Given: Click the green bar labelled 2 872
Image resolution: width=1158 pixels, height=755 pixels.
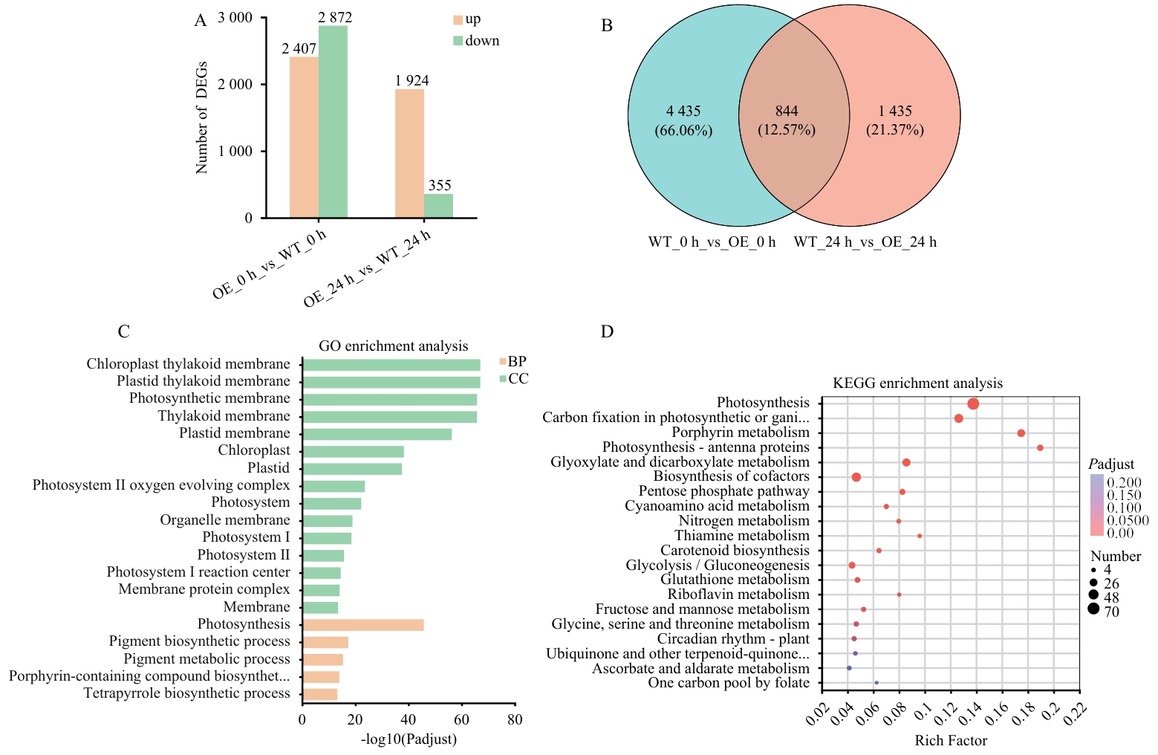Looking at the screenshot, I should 333,122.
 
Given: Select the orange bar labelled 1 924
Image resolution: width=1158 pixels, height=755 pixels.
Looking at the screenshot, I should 409,153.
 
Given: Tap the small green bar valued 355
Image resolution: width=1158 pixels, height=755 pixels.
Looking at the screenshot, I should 438,206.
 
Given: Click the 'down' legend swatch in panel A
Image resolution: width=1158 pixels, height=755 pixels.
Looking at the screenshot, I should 458,41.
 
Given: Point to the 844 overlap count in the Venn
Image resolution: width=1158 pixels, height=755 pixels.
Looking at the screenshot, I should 787,111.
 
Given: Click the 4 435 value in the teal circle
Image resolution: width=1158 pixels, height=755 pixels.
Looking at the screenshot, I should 683,111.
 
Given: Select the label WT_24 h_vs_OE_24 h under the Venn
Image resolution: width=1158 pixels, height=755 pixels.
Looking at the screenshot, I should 865,242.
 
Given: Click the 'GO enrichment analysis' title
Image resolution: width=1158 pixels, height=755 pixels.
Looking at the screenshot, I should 393,346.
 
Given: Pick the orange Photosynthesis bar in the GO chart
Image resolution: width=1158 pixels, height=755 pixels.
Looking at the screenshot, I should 363,625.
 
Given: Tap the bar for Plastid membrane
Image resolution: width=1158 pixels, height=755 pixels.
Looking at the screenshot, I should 377,434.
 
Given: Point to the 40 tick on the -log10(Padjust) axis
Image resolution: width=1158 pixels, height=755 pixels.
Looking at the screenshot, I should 409,719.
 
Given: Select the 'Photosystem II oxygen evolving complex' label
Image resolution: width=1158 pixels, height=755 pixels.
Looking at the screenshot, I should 161,485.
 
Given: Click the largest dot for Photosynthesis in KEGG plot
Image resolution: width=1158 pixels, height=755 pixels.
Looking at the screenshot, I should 973,404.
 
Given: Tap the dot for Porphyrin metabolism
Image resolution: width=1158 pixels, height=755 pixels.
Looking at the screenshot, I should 1021,433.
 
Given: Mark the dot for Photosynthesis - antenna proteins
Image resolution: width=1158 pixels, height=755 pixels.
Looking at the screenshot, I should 1040,448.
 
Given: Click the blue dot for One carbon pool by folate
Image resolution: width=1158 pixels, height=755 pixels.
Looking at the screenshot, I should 876,683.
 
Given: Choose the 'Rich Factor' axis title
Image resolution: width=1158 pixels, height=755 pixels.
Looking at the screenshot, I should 951,741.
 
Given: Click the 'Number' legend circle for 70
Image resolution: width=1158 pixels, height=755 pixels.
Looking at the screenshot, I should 1093,610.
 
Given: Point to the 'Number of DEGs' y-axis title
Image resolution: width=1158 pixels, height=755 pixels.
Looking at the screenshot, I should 201,118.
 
